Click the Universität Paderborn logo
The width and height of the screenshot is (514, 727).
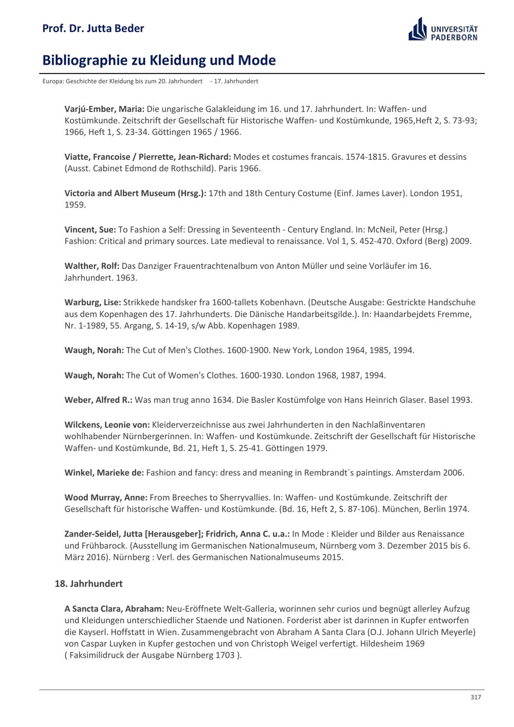443,30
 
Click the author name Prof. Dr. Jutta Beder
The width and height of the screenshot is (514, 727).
93,28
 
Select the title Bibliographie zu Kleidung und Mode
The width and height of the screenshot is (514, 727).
159,61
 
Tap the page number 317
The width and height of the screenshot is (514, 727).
475,697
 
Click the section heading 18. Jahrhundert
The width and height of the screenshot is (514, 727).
88,584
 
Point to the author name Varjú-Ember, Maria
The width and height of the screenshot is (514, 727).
104,109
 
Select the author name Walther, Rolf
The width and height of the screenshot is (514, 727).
92,266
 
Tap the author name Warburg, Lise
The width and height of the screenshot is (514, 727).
93,302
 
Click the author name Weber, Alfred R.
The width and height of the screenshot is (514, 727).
98,400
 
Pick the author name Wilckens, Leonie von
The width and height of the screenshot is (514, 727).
107,425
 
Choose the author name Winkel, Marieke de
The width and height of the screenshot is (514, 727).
104,473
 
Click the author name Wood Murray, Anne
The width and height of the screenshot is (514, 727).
106,497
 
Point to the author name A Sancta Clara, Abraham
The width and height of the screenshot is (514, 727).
114,609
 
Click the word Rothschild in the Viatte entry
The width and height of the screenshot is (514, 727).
191,169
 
